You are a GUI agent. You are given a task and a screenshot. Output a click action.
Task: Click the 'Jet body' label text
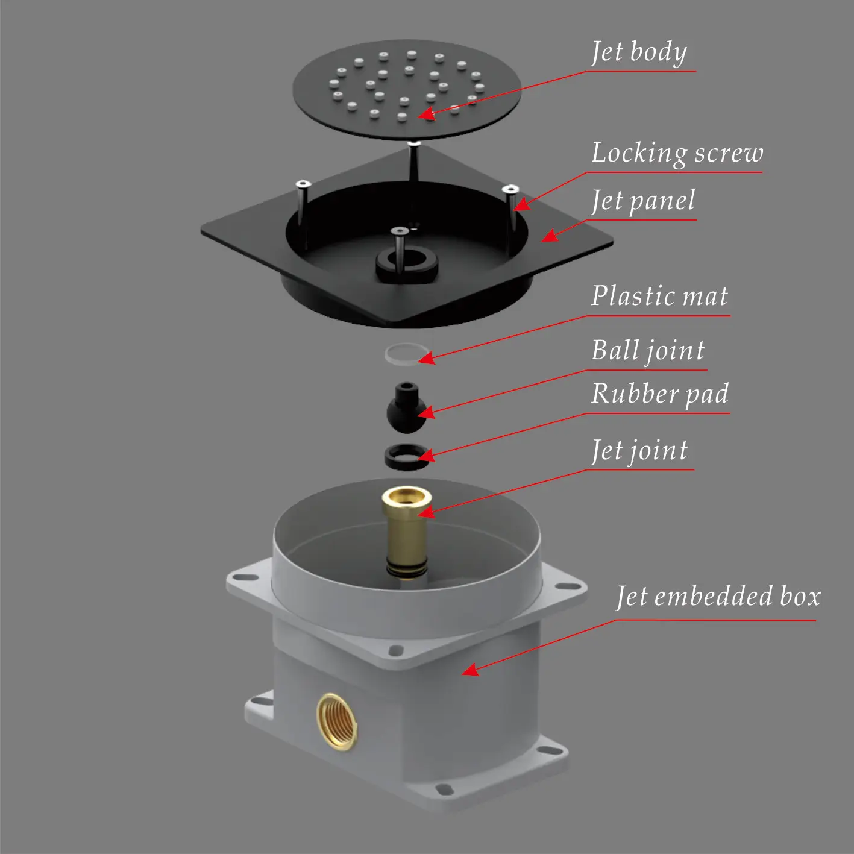(x=639, y=53)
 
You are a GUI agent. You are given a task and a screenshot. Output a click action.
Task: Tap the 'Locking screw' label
(x=677, y=153)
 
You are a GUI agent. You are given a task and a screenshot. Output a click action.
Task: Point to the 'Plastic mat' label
(x=659, y=295)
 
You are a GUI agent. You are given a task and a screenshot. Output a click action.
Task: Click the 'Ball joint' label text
(x=648, y=351)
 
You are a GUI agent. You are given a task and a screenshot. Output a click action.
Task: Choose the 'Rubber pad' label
(x=660, y=394)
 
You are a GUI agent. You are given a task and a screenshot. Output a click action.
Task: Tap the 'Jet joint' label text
(x=639, y=451)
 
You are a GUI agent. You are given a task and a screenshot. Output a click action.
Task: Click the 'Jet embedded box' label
(x=719, y=596)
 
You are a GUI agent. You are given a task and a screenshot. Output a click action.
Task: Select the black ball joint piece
(x=406, y=408)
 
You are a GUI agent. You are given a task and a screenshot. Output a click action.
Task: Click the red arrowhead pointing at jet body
(x=426, y=114)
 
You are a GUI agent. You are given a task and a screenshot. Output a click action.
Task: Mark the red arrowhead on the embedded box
(x=470, y=670)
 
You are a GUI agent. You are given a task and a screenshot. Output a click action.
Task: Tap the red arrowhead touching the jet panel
(x=550, y=236)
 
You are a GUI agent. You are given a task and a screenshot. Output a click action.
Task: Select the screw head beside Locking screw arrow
(x=510, y=189)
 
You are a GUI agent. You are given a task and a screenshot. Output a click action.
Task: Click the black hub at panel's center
(x=406, y=265)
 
